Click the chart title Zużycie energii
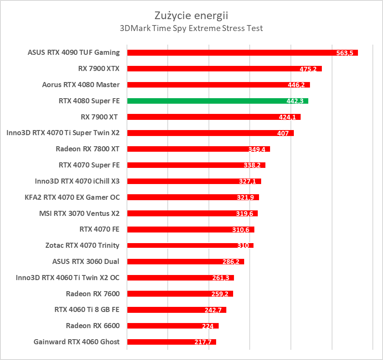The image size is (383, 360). point(191,16)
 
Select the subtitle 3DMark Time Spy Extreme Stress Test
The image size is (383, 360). point(191,28)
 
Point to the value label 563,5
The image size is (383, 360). point(344,53)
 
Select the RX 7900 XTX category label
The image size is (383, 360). point(99,68)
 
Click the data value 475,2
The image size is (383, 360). point(308,69)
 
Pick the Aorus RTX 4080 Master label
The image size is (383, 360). point(81,85)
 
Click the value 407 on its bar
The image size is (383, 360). point(282,133)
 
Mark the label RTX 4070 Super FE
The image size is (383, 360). point(89,165)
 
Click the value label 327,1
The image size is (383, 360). point(248,181)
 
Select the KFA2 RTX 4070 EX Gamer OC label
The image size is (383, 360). point(72,197)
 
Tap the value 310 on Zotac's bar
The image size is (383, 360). point(243,246)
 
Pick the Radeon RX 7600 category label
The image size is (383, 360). point(93,294)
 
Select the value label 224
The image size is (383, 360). point(208,326)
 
